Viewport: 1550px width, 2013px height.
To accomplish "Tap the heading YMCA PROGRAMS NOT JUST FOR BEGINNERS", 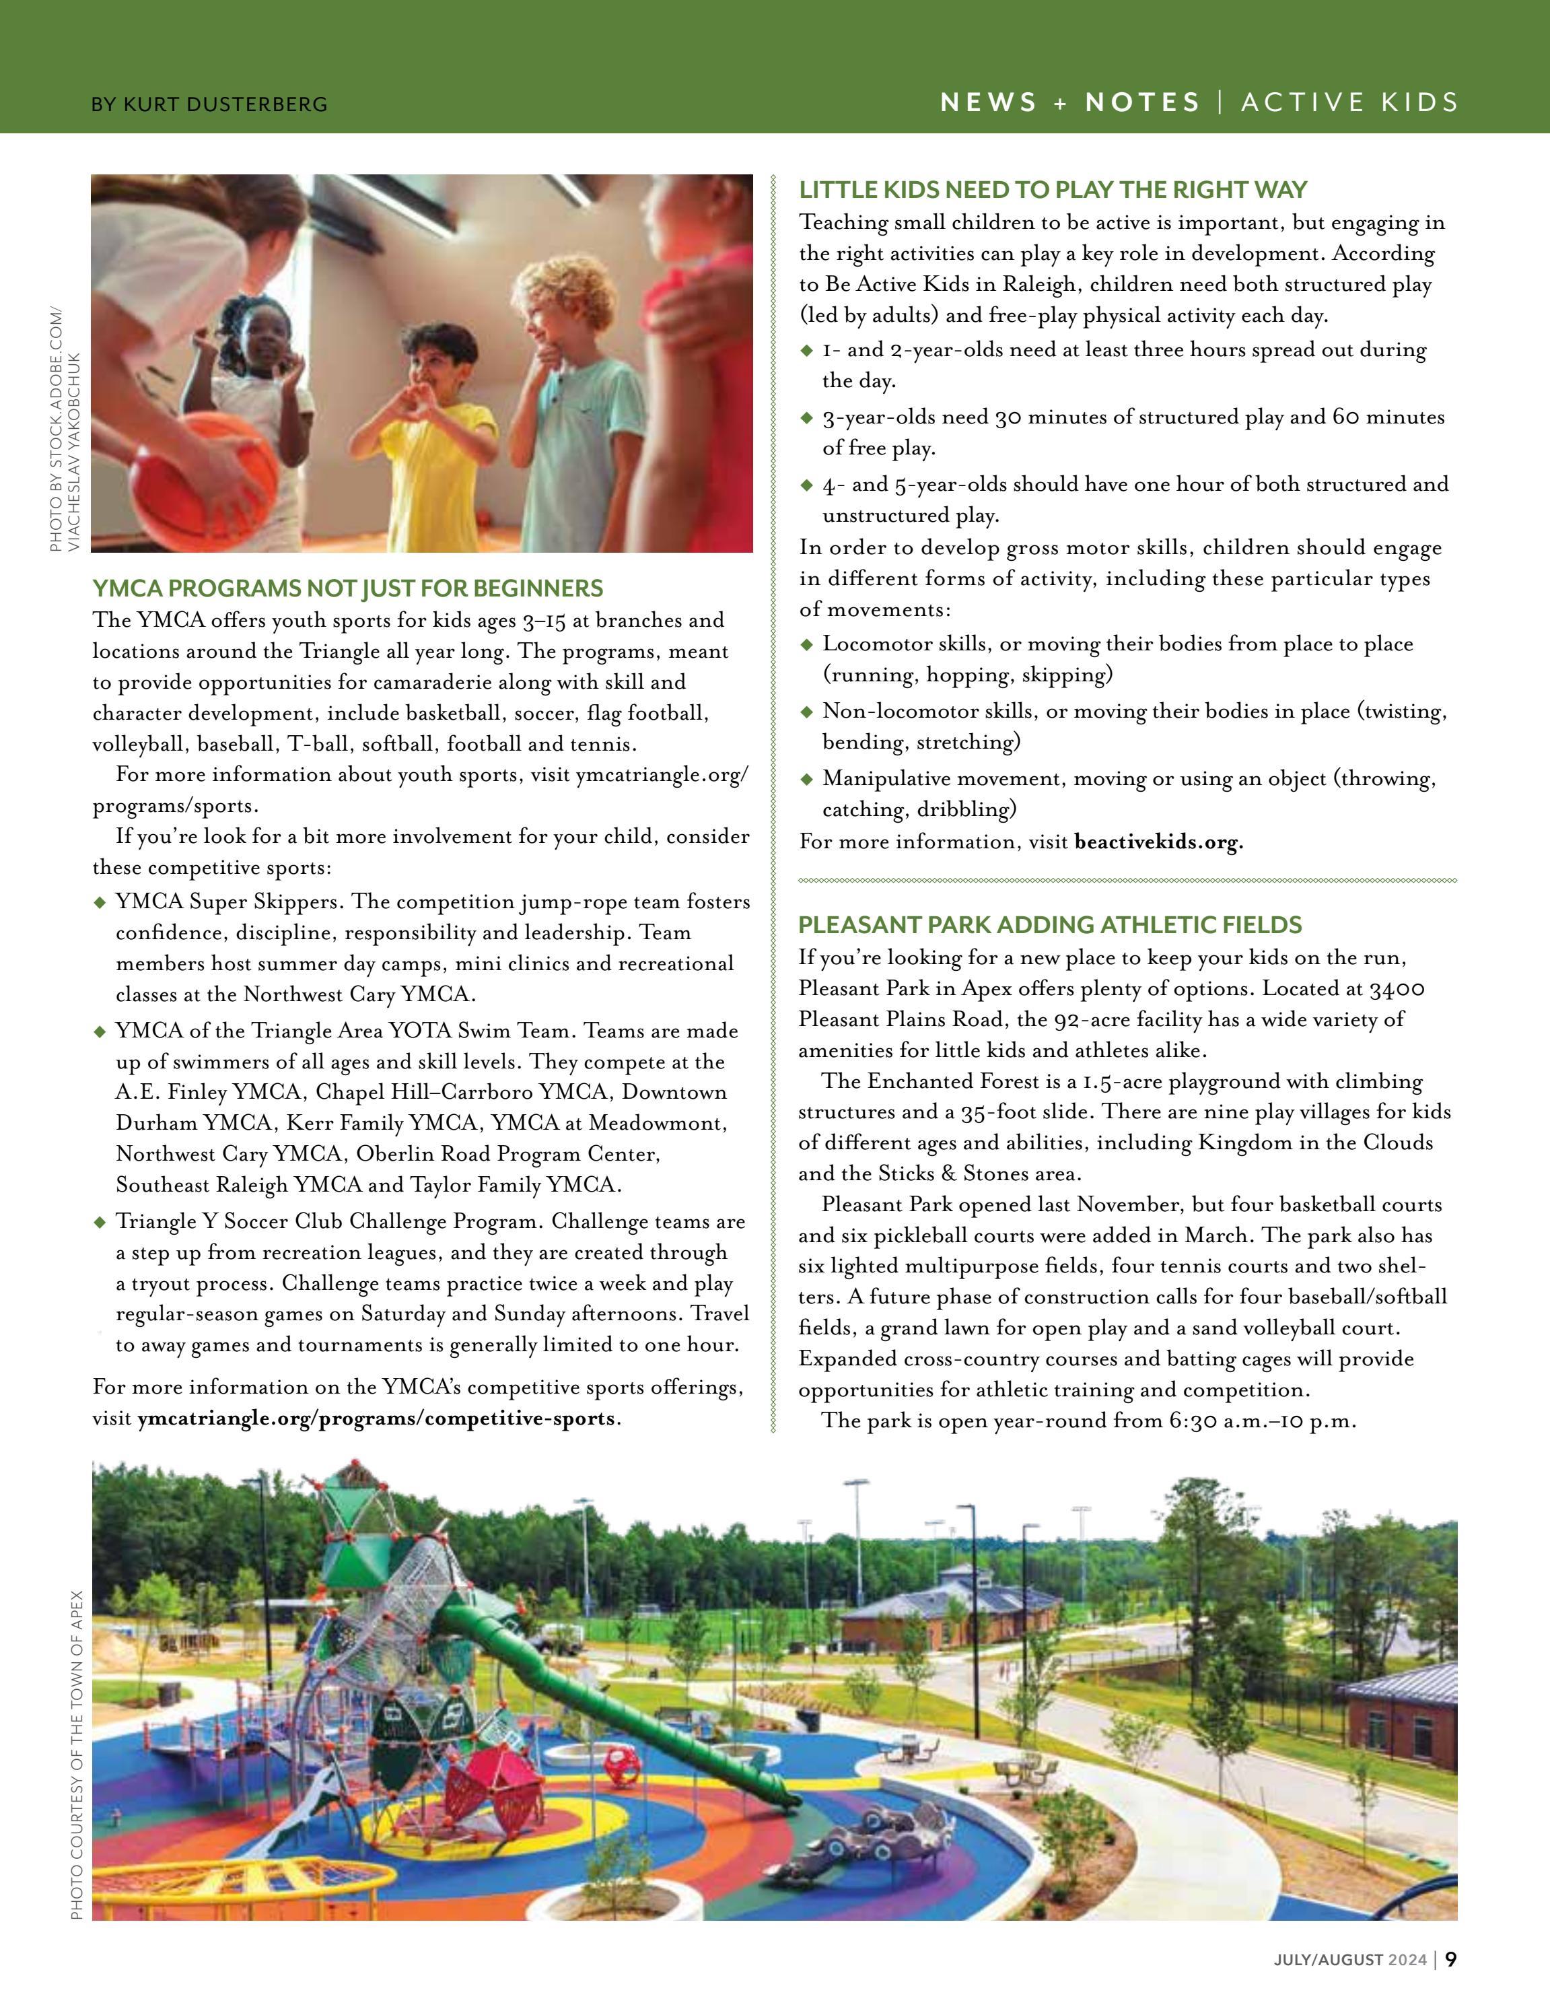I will click(347, 588).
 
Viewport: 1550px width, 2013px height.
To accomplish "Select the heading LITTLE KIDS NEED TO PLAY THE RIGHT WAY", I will click(1053, 190).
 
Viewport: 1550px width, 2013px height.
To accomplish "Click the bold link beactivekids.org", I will click(1158, 842).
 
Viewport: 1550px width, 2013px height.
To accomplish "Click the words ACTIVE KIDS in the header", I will click(1349, 102).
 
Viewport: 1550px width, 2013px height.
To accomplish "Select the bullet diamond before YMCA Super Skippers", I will click(100, 902).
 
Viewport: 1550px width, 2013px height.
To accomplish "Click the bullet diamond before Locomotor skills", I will click(807, 644).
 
